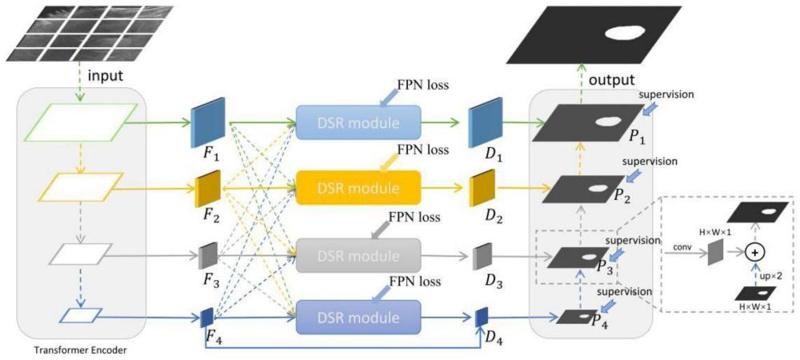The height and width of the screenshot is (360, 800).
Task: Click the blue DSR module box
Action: click(359, 123)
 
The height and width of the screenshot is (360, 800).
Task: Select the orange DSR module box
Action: click(359, 189)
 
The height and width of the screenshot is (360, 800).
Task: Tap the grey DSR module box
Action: click(359, 255)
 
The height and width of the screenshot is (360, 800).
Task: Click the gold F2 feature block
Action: click(207, 190)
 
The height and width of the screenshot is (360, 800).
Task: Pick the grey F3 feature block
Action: click(208, 255)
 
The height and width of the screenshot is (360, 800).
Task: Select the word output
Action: click(612, 81)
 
